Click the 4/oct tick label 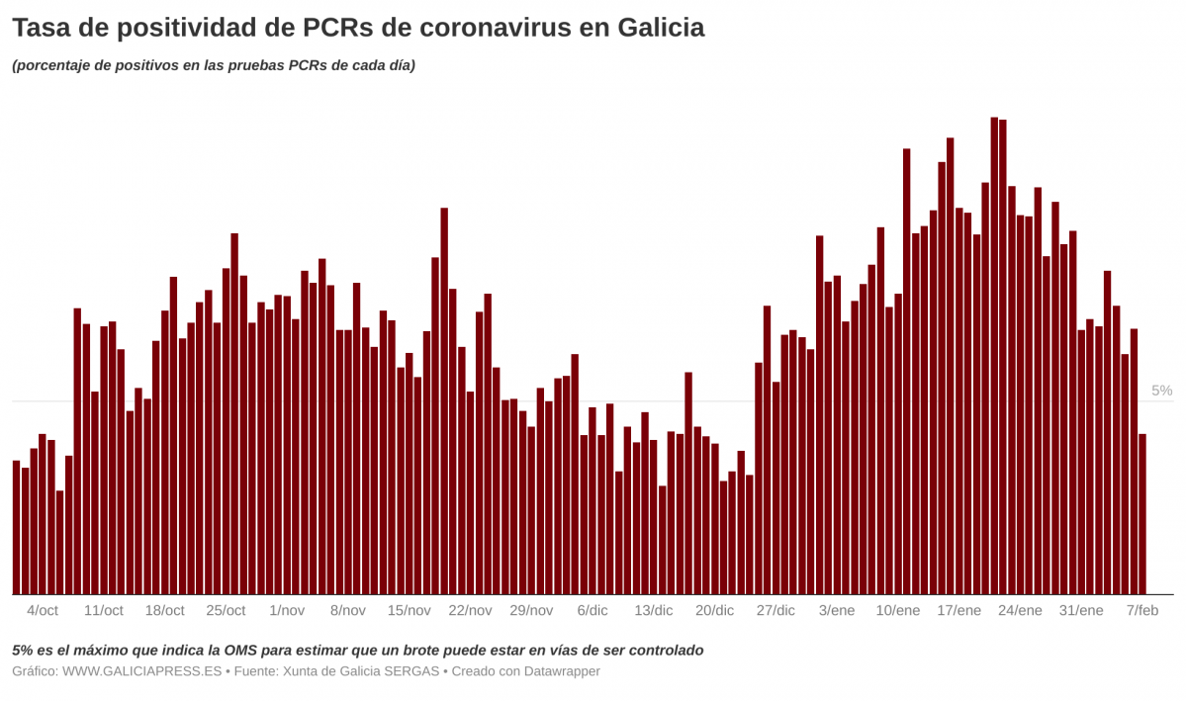coord(43,611)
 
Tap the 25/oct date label coord(226,611)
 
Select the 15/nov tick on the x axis coord(409,611)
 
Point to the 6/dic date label coord(593,611)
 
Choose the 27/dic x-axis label coord(775,611)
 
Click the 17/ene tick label coord(958,611)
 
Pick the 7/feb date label coord(1142,611)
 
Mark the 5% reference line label coord(1161,392)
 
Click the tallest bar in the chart coord(994,356)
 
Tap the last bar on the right coord(1142,514)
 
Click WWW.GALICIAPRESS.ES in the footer coord(142,671)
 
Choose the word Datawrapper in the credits coord(559,671)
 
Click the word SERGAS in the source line coord(411,671)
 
